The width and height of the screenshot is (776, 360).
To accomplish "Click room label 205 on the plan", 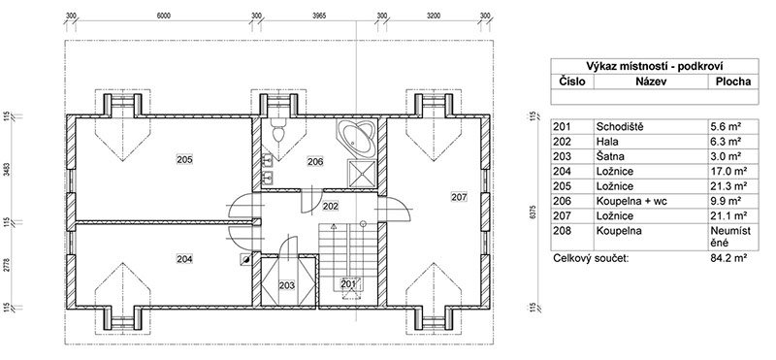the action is click(x=184, y=159).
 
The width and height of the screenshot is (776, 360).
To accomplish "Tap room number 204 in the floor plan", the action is click(x=184, y=258).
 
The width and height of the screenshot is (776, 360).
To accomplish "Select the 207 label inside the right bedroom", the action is click(x=459, y=197).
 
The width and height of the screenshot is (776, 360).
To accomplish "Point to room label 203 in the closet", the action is click(x=287, y=285).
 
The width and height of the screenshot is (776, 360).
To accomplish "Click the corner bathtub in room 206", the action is click(x=358, y=137).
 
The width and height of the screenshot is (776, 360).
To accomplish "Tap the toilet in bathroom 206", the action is click(x=278, y=132).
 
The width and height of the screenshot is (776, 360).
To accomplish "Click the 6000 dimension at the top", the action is click(x=163, y=16).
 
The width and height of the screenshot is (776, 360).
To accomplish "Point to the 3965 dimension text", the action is click(x=319, y=16).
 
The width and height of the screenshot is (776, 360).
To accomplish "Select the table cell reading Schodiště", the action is click(x=620, y=127).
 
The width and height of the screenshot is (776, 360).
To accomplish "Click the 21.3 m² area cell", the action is click(x=727, y=186).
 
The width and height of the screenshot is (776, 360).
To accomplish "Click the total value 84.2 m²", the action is click(x=728, y=258).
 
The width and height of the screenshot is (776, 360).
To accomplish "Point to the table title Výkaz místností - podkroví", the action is click(x=656, y=66).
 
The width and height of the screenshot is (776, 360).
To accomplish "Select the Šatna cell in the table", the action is click(x=610, y=156).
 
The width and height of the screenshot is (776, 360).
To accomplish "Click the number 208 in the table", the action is click(x=562, y=231).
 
